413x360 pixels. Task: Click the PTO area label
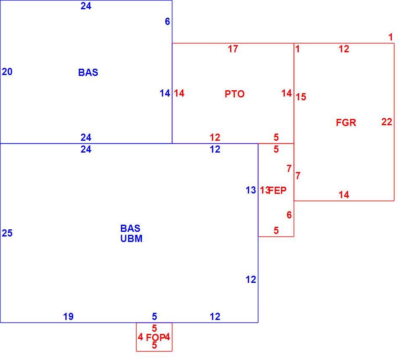(234, 94)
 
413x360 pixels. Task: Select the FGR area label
(346, 123)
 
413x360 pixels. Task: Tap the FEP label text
(277, 190)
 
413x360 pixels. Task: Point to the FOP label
(156, 337)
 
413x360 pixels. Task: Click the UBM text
(131, 239)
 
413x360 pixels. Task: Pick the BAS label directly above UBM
(130, 228)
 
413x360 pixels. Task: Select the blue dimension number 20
(7, 72)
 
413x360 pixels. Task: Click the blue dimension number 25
(7, 233)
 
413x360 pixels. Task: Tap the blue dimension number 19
(68, 317)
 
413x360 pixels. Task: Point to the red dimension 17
(233, 49)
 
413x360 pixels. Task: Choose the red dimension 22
(387, 122)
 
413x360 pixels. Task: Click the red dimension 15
(301, 97)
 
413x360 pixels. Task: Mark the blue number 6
(167, 21)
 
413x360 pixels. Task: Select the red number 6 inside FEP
(289, 215)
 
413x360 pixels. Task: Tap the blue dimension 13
(251, 190)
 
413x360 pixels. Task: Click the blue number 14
(165, 93)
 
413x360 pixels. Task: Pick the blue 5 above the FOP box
(154, 316)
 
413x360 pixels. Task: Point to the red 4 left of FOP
(140, 337)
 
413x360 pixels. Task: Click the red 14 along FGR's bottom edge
(344, 195)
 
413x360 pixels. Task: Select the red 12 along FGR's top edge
(344, 49)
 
